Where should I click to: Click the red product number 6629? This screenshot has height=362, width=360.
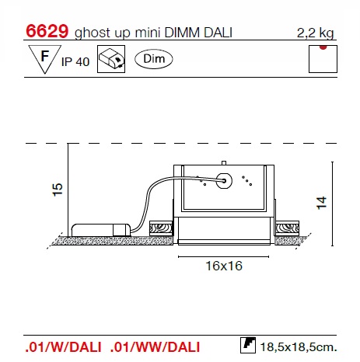tap(47, 31)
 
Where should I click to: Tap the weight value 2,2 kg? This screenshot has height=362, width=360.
tap(315, 33)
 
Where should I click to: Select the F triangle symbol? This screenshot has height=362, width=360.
tap(45, 58)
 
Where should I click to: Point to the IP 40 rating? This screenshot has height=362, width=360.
tap(75, 62)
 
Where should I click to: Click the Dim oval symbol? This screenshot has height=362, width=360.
tap(154, 59)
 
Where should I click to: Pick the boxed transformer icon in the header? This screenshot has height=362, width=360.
tap(111, 59)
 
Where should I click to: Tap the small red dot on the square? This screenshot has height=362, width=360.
tap(323, 47)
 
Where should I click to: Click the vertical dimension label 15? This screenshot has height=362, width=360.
tap(58, 190)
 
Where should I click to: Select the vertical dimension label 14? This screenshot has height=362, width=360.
tap(322, 203)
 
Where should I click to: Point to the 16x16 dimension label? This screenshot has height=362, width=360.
tap(224, 266)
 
